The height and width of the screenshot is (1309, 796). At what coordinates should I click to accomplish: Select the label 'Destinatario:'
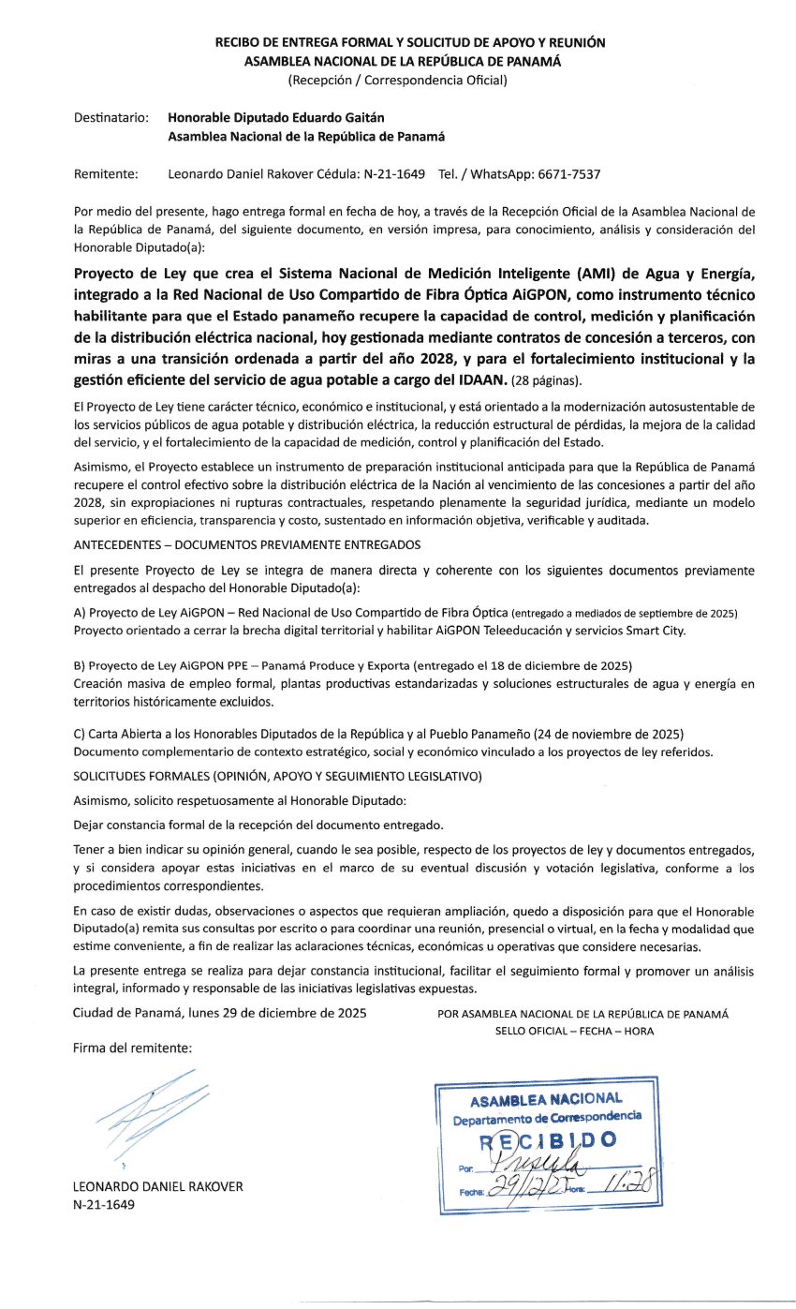coord(111,117)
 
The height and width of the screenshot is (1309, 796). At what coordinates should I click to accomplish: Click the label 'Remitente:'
coord(106,174)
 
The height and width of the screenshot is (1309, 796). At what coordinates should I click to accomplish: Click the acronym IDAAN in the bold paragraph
coord(478,379)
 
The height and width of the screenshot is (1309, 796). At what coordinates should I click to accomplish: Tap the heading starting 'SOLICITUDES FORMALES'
coord(276,776)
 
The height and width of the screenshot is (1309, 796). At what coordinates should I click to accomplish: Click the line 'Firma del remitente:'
coord(132,1048)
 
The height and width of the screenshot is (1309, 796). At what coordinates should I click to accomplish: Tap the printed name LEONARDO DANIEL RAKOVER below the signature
coord(157,1186)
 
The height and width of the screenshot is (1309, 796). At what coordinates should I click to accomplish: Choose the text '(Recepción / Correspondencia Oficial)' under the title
coord(398,80)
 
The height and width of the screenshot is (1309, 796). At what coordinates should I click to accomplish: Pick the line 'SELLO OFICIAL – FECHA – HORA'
coord(575,1031)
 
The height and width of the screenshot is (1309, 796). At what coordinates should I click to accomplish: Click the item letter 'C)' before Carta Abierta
coord(80,733)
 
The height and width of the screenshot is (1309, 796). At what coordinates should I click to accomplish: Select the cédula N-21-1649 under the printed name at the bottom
coord(103,1204)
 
